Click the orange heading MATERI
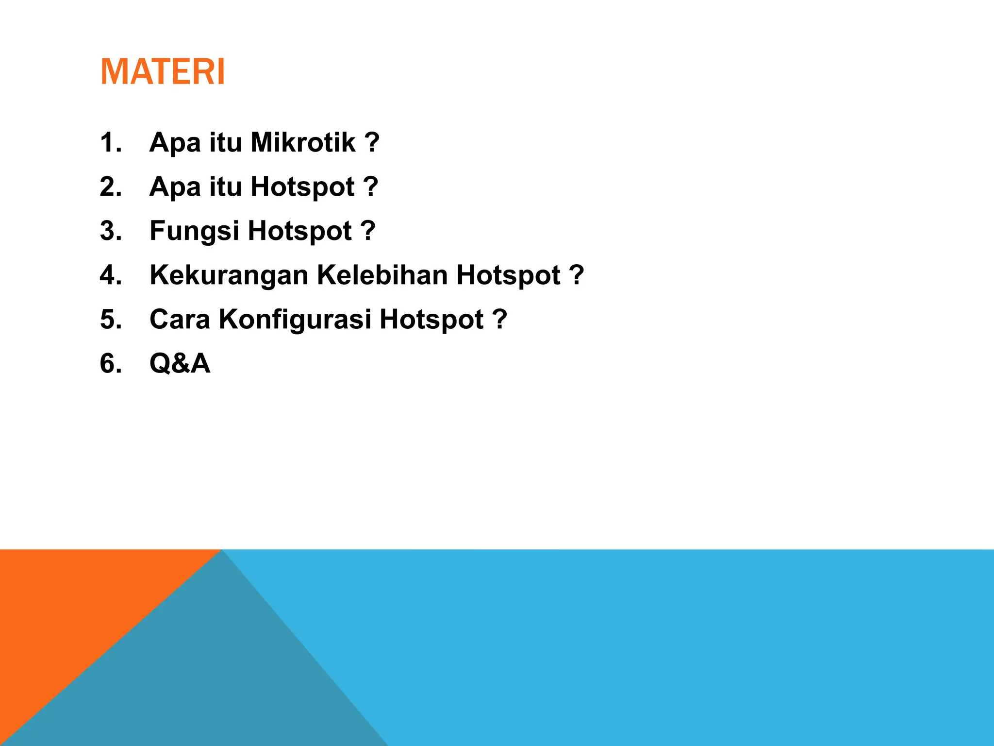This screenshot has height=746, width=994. [x=163, y=72]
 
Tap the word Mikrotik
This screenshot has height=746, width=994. [x=303, y=142]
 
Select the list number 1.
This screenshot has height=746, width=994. [x=110, y=142]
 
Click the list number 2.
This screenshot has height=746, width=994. [x=110, y=186]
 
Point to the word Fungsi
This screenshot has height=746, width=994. [x=194, y=231]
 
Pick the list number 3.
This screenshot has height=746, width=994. [x=110, y=231]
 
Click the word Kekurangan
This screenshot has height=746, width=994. [x=229, y=275]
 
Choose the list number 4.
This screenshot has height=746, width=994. [x=110, y=275]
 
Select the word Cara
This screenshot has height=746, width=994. [x=180, y=319]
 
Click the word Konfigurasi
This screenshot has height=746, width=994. [x=295, y=320]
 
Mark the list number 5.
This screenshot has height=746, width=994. [x=110, y=319]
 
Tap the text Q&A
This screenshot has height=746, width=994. [x=180, y=363]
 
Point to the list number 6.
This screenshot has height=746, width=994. [x=110, y=363]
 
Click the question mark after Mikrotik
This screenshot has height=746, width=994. [x=371, y=142]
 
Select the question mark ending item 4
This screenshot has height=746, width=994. [x=576, y=275]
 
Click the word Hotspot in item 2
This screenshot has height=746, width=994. [x=302, y=186]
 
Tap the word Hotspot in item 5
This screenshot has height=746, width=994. [x=431, y=319]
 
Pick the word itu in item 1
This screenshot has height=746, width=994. [x=225, y=142]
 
